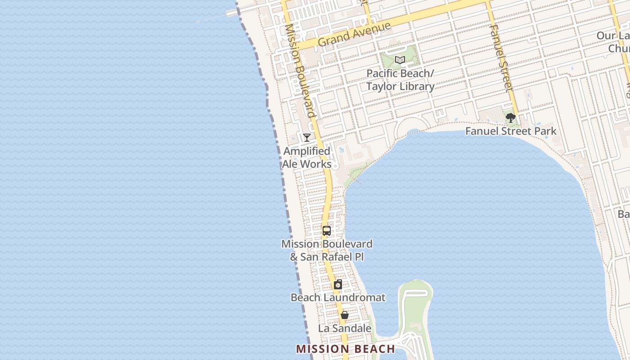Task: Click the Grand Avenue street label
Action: coord(354,34)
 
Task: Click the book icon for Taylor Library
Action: coord(400,60)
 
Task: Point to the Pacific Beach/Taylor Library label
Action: coord(400,80)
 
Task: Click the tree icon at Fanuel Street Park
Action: coord(510,118)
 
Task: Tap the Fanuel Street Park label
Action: coord(511,131)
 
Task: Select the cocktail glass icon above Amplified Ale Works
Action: coord(307,137)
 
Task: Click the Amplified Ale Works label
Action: coord(307,157)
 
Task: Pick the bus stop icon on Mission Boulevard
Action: coord(327,231)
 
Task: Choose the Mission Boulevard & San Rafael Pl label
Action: coord(327,250)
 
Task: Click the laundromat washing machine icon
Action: coord(338,284)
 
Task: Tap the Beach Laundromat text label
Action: coord(338,297)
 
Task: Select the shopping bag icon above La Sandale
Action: coord(344,315)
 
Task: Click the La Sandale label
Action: coord(345,328)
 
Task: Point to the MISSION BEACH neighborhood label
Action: coord(346,349)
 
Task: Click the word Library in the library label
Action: coord(416,86)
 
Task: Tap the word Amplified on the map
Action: coord(307,151)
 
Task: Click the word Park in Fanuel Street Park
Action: coord(545,131)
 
